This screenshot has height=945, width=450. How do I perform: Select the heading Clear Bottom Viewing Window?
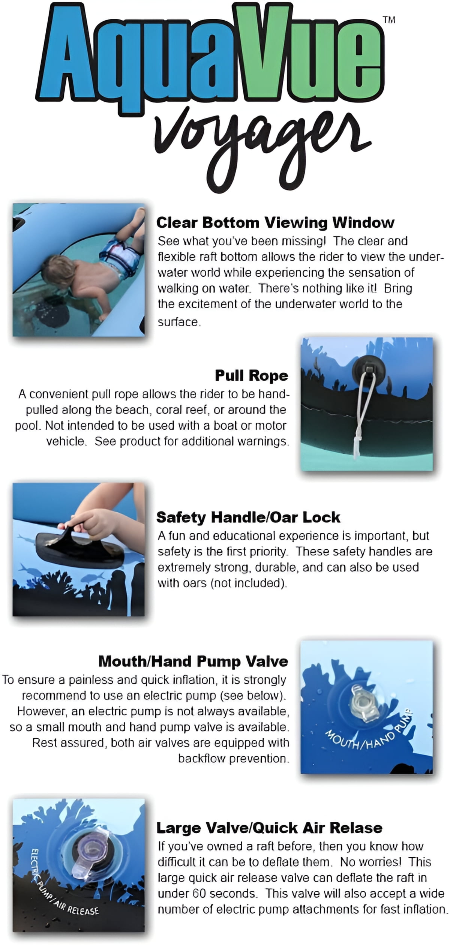[x=275, y=223]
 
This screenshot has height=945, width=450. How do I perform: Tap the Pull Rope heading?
[x=252, y=375]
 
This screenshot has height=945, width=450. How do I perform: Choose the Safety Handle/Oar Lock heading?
[x=248, y=517]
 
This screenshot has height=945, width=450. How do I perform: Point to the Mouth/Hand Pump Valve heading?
[x=193, y=661]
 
